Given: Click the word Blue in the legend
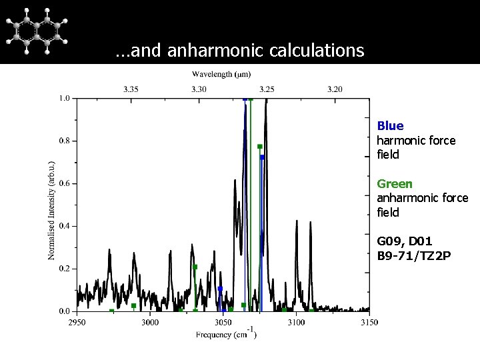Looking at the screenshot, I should (390, 126).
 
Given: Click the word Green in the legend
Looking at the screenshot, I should (395, 183).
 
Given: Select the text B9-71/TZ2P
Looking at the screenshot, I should (414, 255).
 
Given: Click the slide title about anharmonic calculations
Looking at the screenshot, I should (239, 50).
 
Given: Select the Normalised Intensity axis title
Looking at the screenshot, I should (52, 209).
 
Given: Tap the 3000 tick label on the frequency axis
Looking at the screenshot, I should (150, 323).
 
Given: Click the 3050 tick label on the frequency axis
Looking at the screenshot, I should (223, 323).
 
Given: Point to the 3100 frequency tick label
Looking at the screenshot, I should (296, 323).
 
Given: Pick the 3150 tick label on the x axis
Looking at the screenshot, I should (369, 323).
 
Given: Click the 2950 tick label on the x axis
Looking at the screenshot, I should (77, 323).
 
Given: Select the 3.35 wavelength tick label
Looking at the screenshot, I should (131, 89).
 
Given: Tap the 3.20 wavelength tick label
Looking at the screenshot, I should (335, 89).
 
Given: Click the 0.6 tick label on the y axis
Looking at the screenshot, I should (63, 183).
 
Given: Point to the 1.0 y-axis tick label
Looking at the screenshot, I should (63, 98).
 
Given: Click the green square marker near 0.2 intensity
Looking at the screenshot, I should (195, 267).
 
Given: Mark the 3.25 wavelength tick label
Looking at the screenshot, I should (267, 89).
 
